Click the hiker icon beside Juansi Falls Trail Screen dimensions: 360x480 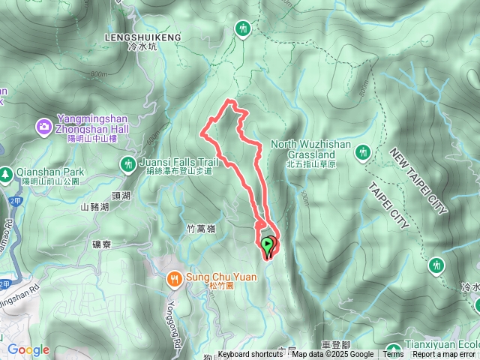coord(126,163)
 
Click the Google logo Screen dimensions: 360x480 coord(28,349)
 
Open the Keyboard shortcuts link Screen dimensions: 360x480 coord(250,355)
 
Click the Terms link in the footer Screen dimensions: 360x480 coord(392,355)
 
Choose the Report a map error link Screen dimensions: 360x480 coord(444,355)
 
